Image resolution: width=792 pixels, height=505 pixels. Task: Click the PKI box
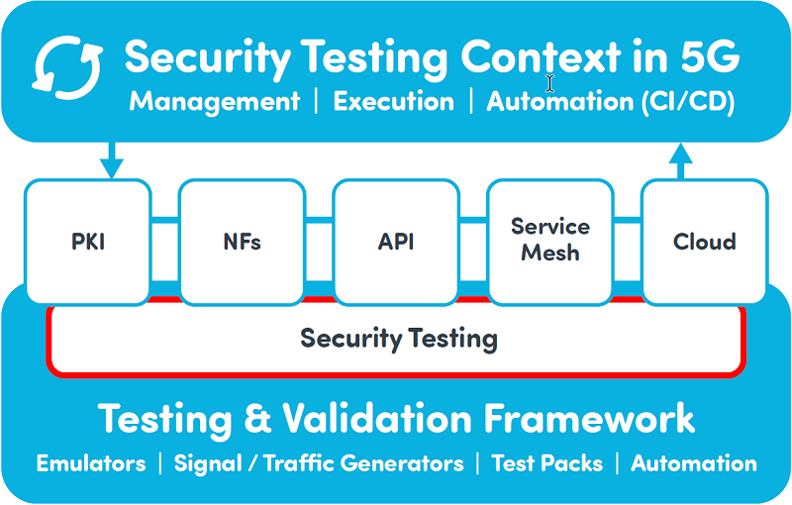[x=88, y=242]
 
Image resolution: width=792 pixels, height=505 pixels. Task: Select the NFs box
[x=242, y=242]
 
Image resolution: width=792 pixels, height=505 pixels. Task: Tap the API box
[x=396, y=242]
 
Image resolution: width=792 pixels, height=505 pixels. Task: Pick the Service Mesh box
[x=550, y=242]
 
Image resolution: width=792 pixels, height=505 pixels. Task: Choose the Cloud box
[x=705, y=242]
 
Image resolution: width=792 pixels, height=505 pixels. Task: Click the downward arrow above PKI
[x=112, y=160]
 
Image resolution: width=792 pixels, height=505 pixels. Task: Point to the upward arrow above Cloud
[x=680, y=160]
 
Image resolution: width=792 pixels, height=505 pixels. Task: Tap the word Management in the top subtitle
[x=215, y=102]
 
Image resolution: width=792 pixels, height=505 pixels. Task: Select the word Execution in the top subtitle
[x=393, y=101]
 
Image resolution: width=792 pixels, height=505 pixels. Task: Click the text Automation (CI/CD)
[x=610, y=102]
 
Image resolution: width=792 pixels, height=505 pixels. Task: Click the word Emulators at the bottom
[x=91, y=463]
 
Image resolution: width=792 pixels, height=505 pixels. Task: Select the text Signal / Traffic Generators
[x=319, y=463]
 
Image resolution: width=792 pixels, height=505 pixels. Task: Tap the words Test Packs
[x=547, y=463]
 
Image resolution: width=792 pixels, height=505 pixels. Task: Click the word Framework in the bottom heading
[x=589, y=418]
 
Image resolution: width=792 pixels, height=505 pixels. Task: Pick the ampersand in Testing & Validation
[x=257, y=418]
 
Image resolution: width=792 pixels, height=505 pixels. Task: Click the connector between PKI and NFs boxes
[x=165, y=220]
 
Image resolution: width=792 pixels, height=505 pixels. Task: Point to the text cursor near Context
[x=549, y=83]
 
